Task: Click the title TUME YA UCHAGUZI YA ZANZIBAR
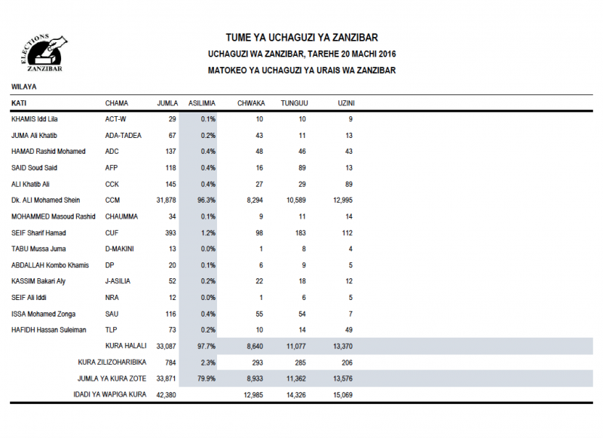coord(301,38)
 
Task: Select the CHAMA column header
coord(117,103)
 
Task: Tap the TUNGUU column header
coord(294,103)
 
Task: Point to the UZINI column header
coord(347,103)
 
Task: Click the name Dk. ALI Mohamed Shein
coord(47,201)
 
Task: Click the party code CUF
coord(112,233)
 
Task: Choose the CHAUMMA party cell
coord(121,217)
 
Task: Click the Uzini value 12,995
coord(340,201)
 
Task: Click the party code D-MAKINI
coord(121,250)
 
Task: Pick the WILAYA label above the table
coord(23,87)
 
